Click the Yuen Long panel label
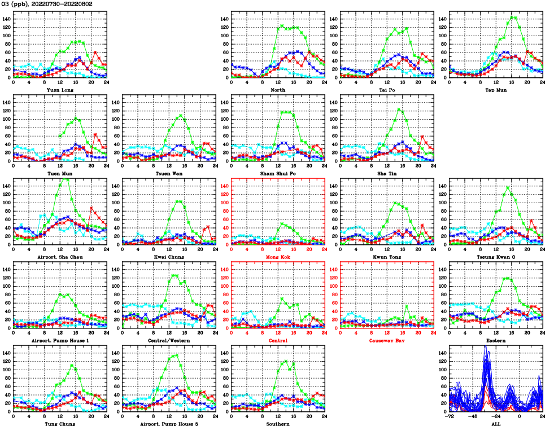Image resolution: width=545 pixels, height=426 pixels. pos(59,89)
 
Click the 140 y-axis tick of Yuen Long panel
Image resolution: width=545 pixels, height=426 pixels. pos(7,19)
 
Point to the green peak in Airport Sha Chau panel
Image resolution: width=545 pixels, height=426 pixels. pos(66,179)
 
